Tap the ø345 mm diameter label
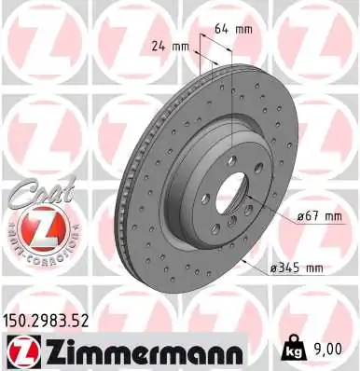click(296, 268)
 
